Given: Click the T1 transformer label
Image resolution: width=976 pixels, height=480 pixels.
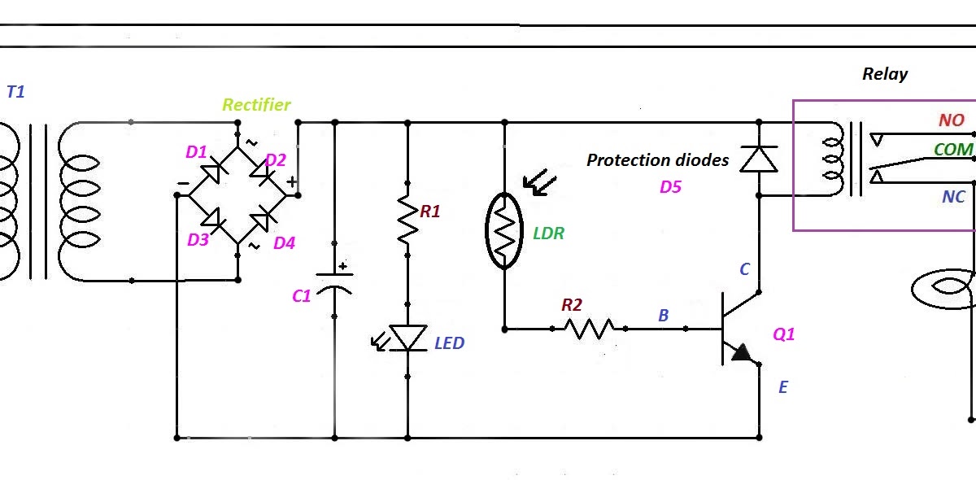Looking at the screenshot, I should [x=16, y=92].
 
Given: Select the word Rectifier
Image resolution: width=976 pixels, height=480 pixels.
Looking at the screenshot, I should [x=256, y=105].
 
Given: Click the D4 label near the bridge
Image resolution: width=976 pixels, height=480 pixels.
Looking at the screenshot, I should [x=284, y=242].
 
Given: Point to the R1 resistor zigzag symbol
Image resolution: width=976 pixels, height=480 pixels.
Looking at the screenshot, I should [x=407, y=218].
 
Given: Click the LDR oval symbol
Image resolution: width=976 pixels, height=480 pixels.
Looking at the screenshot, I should [x=504, y=231].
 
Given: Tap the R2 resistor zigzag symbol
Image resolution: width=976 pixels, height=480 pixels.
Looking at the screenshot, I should [x=589, y=329].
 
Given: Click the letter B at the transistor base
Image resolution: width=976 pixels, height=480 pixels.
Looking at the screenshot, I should [x=663, y=316].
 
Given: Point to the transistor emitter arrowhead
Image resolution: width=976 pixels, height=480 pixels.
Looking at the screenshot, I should [x=742, y=353].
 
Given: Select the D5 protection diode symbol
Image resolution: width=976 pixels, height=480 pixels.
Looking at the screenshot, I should [x=758, y=159].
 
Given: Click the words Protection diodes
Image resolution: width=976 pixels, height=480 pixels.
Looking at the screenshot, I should [x=657, y=160].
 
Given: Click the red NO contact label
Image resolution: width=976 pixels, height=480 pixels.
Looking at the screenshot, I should [x=951, y=120].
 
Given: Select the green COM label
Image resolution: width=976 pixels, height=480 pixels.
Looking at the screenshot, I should [x=953, y=150].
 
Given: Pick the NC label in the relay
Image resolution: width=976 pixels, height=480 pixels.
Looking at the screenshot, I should [x=953, y=198].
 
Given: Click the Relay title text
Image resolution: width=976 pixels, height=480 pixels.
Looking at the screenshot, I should [x=885, y=74].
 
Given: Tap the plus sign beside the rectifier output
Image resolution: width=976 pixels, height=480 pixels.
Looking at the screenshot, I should [x=291, y=182].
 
